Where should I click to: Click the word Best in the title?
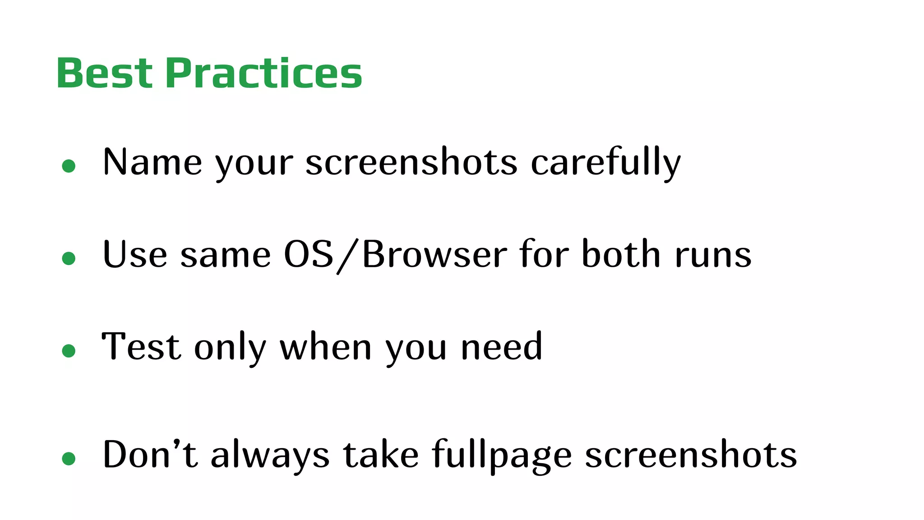pyautogui.click(x=104, y=73)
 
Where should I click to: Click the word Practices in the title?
pyautogui.click(x=264, y=73)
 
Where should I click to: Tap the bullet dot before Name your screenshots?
pyautogui.click(x=69, y=166)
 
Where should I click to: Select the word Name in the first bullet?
pyautogui.click(x=152, y=162)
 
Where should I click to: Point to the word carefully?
pyautogui.click(x=605, y=162)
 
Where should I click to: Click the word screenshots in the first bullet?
pyautogui.click(x=411, y=162)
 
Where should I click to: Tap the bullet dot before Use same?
pyautogui.click(x=69, y=258)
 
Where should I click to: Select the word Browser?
pyautogui.click(x=434, y=255)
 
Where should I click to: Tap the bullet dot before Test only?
pyautogui.click(x=69, y=351)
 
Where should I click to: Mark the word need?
pyautogui.click(x=501, y=347)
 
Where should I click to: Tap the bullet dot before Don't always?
pyautogui.click(x=69, y=459)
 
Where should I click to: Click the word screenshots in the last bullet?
pyautogui.click(x=691, y=455)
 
